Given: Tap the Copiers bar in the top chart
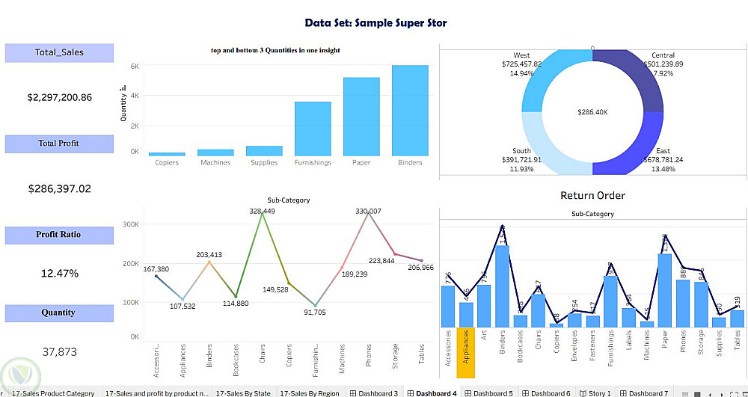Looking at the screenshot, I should [167, 153].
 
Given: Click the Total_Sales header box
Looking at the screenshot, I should [60, 52].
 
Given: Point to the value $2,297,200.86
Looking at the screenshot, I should [60, 97].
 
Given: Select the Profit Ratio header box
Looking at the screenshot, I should [59, 235].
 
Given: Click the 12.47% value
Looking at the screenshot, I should [59, 274].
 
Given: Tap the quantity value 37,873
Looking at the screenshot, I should [59, 351].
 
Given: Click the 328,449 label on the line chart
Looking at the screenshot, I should [263, 212].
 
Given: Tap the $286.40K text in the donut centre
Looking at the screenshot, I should [592, 111].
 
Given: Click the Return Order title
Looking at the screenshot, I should [592, 196].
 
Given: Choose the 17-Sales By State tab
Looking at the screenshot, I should [243, 393].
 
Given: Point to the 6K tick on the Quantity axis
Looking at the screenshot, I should [135, 67].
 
